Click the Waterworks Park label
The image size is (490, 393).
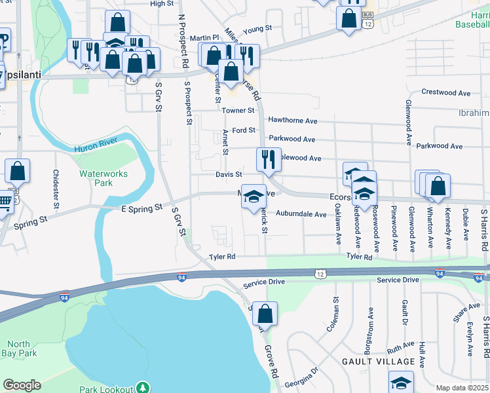(104, 178)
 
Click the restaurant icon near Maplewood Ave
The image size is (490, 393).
(269, 159)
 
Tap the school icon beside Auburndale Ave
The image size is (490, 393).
(254, 196)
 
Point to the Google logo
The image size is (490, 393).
(22, 385)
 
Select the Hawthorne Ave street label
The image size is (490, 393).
(292, 121)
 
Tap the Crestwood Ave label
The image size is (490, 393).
(446, 93)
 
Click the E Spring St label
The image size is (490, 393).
(141, 208)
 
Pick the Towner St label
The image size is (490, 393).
(237, 111)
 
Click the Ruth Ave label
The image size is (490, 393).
(400, 345)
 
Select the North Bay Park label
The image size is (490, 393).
(18, 348)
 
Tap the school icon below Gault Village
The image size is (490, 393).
(401, 383)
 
